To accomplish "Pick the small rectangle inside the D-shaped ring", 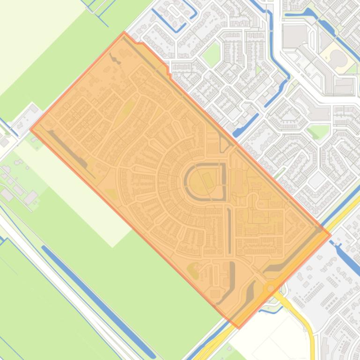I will pos(208,179).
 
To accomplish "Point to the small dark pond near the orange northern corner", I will pos(114,59).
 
